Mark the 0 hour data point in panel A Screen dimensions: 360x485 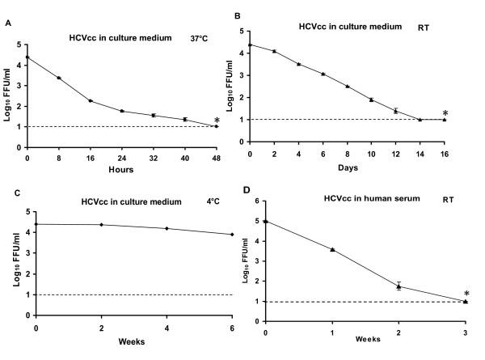(x=28, y=57)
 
